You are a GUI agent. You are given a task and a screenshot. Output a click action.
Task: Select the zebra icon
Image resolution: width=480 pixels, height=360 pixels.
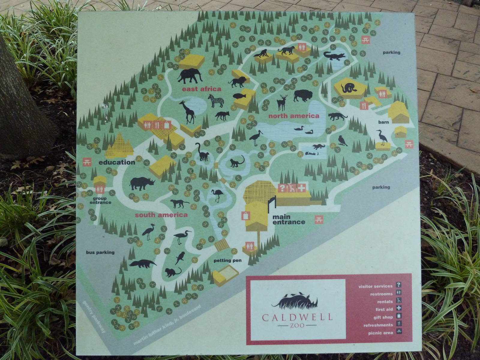[x=216, y=101]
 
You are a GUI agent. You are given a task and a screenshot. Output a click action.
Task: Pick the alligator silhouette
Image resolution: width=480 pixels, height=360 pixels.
[x=334, y=56]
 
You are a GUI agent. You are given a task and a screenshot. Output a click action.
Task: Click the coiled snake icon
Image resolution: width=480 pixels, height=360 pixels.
[x=349, y=88]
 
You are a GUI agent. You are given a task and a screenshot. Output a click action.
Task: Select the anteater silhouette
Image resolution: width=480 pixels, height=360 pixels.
[x=142, y=264]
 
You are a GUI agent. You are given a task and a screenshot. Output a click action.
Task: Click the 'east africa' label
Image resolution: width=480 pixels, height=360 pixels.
[x=201, y=89]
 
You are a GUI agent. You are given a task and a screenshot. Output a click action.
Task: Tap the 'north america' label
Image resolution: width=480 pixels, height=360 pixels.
[x=294, y=116]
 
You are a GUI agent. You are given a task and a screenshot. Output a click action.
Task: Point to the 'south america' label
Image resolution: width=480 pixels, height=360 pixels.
[x=161, y=215]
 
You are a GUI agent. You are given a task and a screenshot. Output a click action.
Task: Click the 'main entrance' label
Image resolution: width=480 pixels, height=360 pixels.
[x=288, y=219]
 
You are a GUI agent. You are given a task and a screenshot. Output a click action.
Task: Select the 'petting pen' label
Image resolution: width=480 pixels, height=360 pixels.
[x=227, y=260]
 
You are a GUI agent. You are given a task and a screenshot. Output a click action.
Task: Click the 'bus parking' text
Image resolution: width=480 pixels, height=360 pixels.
[x=100, y=252]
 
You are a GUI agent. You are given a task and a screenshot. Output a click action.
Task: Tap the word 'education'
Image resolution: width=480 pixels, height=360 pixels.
[x=117, y=162]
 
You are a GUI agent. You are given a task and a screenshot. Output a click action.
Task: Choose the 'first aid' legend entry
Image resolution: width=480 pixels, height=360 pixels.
[x=384, y=309]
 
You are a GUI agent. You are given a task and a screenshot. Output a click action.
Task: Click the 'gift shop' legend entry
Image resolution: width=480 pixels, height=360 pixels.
[x=383, y=317]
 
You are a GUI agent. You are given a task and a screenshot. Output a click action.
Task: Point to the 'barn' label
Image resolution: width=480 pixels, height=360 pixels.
[x=383, y=122]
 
